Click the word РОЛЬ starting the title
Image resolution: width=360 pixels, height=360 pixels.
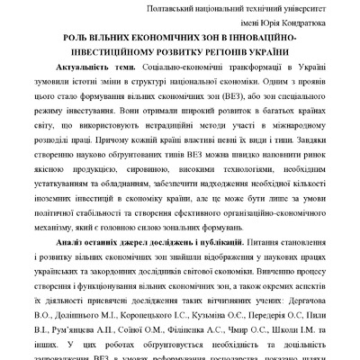tap(70, 42)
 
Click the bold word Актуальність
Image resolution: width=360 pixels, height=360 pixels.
tap(89, 76)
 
